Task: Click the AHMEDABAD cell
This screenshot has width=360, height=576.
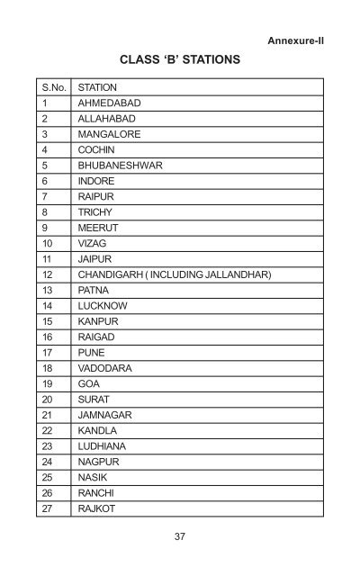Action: pyautogui.click(x=111, y=103)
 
